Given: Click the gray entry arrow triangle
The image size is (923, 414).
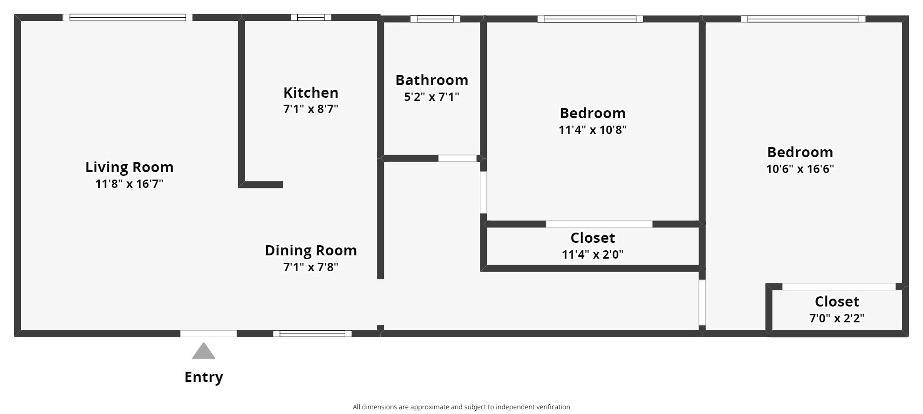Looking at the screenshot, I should pos(204,352).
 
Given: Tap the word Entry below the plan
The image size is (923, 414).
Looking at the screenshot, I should pos(204,377).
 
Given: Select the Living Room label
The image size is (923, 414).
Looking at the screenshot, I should pos(129,167).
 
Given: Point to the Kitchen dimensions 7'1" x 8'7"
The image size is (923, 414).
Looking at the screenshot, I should pos(310,109).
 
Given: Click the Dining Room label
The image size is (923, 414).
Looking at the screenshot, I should pos(310,250).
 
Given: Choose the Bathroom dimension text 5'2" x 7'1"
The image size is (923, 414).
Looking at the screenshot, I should pos(431,97).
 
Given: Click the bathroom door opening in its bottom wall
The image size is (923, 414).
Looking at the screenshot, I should pos(457,159).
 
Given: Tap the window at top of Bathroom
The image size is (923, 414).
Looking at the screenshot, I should pos(435,19).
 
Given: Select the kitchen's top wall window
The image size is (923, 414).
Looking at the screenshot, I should pos(311,18).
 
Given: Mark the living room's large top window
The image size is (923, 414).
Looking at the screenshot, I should pos(127,18).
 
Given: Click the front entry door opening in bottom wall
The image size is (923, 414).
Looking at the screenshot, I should pos(208,334).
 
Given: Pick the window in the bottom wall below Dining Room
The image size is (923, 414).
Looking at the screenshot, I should pos(312,334).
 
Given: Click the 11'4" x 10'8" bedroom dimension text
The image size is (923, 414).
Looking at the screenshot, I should pos(592,130).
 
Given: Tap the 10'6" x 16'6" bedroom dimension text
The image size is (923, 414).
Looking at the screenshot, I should pos(800,169).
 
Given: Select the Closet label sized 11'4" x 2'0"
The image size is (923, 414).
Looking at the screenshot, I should pos(592,238).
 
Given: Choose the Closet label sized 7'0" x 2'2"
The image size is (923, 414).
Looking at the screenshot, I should pos(836,301).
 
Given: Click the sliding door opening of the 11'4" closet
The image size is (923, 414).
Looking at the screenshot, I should pos(599,224).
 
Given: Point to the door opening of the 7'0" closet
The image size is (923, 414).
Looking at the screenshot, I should pos(838,287).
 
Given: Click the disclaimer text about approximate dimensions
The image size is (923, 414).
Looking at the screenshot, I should pos(461,407).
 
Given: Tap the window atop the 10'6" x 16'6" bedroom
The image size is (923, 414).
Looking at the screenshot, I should pos(803,19).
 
